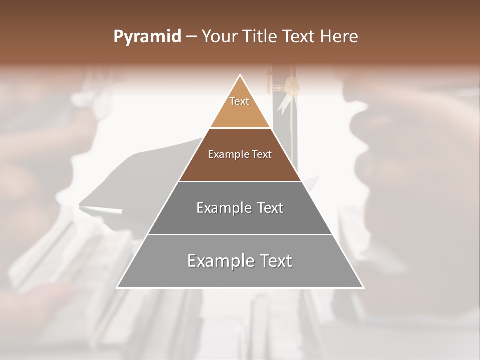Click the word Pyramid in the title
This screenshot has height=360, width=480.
(147, 36)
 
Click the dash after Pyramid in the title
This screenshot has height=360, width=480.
(191, 37)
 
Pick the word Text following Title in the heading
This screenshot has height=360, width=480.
(299, 36)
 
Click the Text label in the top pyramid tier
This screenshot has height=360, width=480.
(239, 101)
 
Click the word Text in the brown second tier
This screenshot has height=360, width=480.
(261, 155)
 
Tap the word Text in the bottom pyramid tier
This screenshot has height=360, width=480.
(276, 261)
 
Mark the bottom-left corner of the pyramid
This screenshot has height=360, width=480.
(117, 287)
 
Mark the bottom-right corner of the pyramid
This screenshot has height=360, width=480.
(363, 287)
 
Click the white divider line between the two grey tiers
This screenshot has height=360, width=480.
(240, 234)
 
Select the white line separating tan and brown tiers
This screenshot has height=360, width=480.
(240, 128)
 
